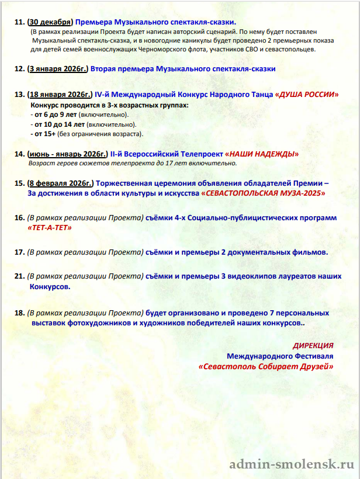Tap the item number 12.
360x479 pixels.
tap(19, 68)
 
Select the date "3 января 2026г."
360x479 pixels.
tap(57, 68)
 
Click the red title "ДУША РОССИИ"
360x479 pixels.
tap(307, 94)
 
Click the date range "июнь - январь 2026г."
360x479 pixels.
tap(67, 154)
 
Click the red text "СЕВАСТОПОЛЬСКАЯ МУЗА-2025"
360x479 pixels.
tap(263, 192)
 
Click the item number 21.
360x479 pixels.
tap(19, 277)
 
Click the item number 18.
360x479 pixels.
tap(19, 313)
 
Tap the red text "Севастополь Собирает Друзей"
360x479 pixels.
tap(266, 366)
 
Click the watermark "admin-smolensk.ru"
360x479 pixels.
tap(292, 464)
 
